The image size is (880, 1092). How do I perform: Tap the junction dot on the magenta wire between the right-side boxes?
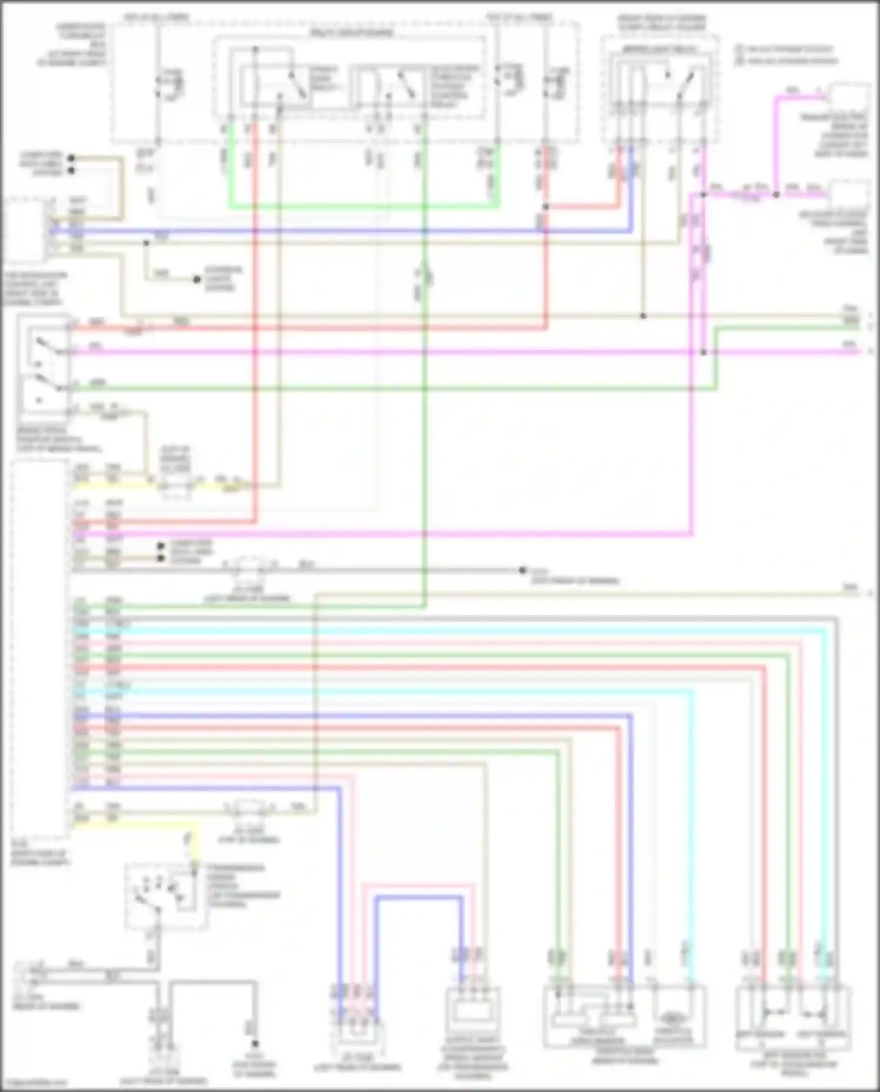776,194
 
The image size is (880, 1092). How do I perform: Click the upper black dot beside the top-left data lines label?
71,158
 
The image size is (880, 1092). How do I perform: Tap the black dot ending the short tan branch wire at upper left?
197,279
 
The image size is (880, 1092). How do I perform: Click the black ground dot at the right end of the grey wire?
522,570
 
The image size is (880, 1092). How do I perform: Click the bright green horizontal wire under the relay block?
364,206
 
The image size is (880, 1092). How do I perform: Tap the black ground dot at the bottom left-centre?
255,1043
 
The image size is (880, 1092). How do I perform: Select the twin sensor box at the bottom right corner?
793,1015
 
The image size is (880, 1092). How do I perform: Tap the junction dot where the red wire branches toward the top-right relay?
546,207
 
